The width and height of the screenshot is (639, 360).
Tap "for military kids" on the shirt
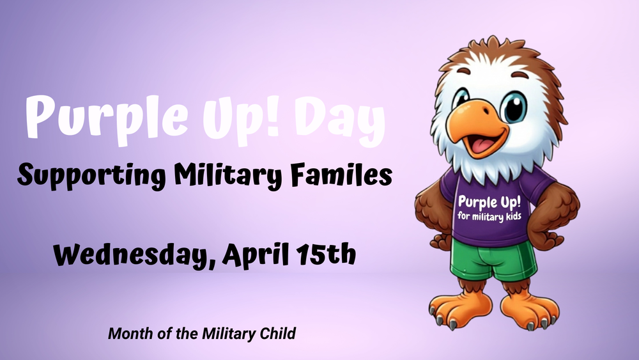tap(489, 216)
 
